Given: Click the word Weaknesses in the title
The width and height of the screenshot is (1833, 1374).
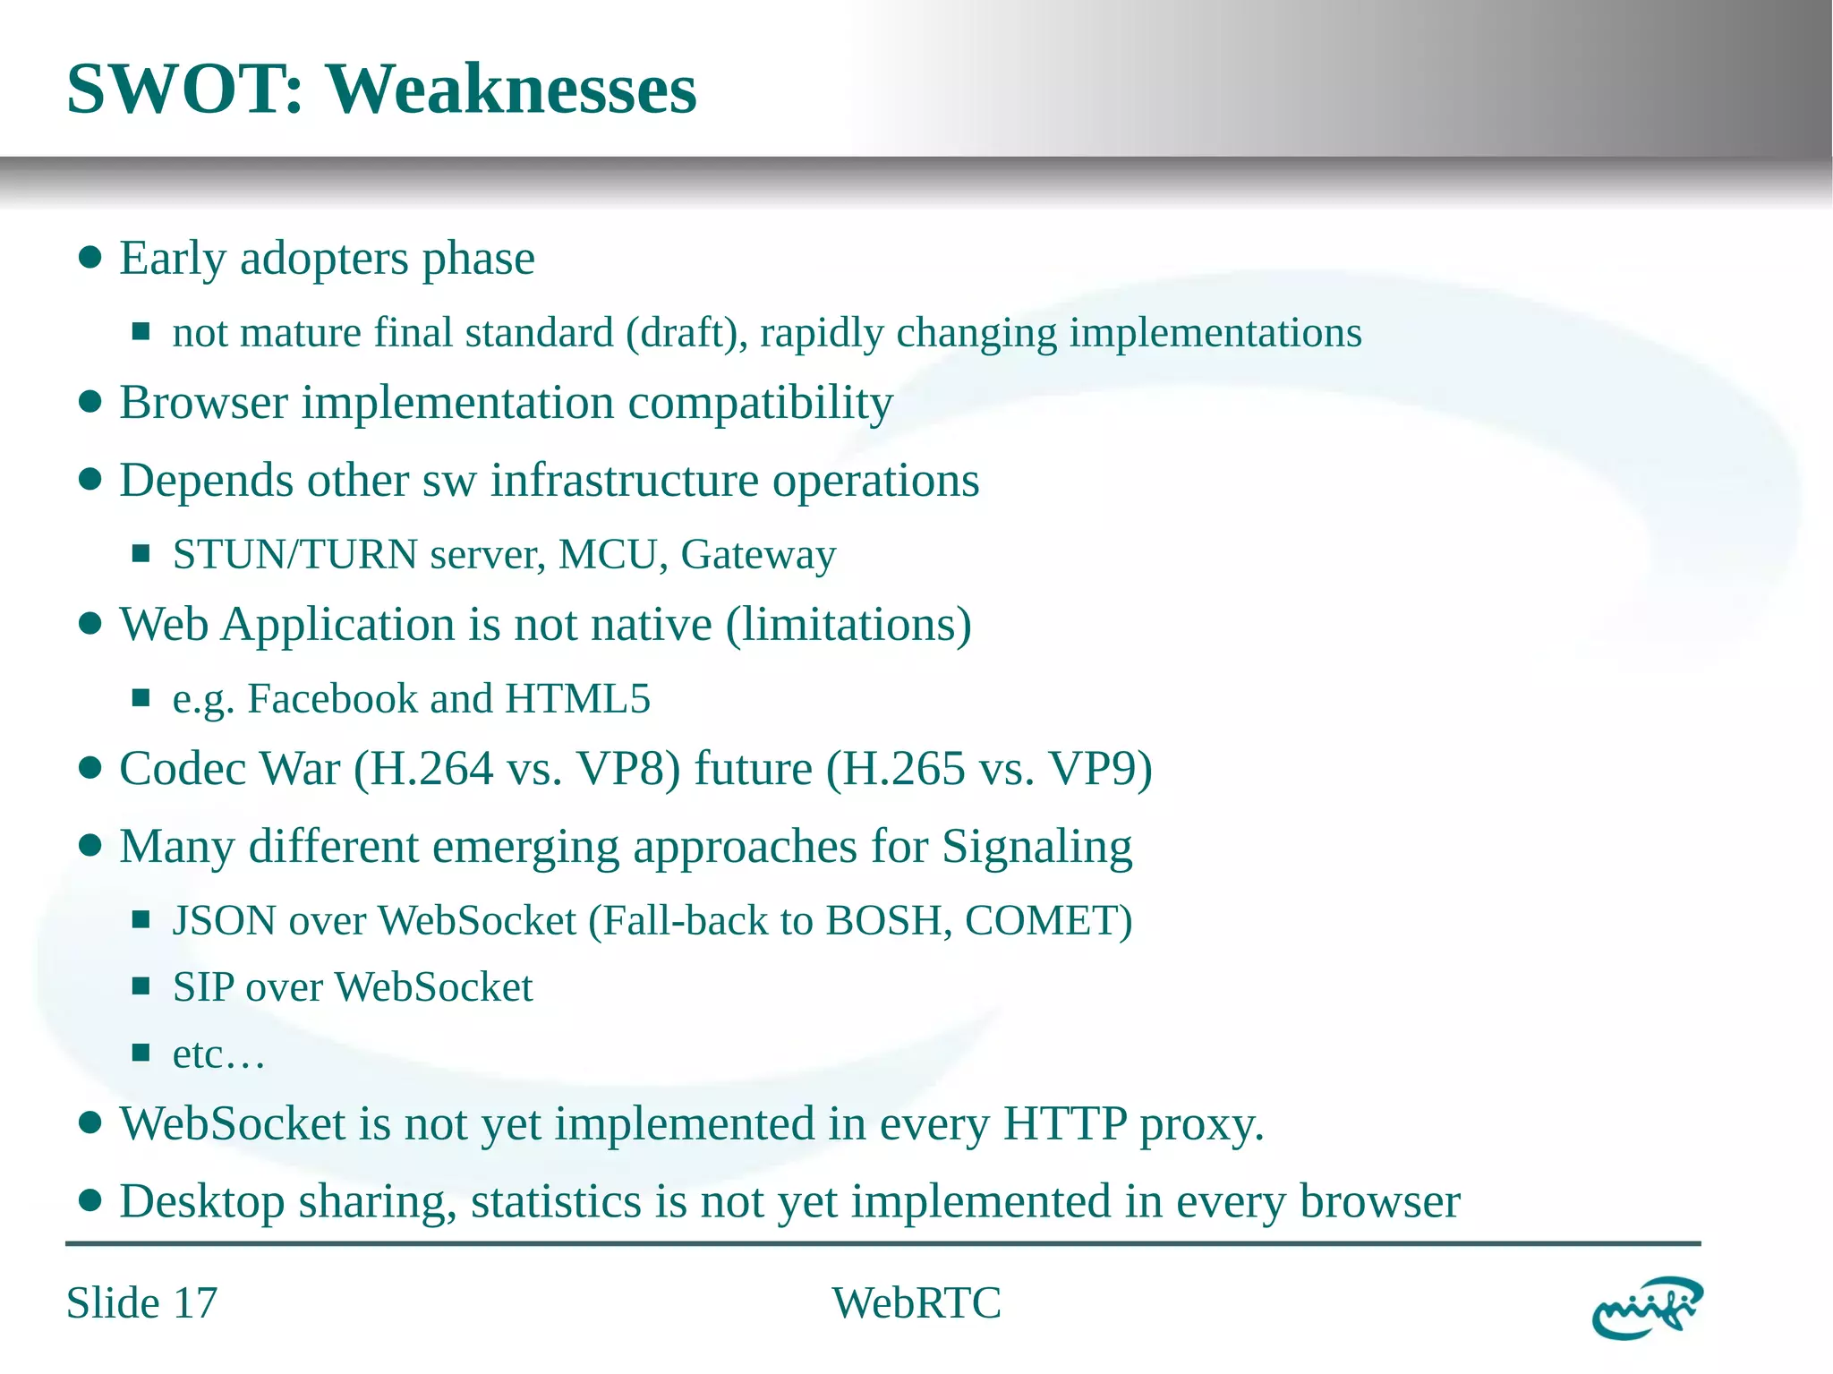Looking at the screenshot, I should point(510,90).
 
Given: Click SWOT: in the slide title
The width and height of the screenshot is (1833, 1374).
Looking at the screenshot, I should point(185,90).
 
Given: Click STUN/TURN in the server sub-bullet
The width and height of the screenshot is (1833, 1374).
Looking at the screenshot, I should point(294,555).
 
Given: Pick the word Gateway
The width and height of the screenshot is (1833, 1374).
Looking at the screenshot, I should point(758,555).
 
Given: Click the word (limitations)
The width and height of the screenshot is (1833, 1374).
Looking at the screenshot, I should point(848,625).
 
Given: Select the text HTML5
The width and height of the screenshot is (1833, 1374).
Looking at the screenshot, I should point(577,699).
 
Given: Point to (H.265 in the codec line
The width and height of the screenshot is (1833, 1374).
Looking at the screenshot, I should point(895,769).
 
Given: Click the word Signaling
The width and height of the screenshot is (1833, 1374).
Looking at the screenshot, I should point(1036,847).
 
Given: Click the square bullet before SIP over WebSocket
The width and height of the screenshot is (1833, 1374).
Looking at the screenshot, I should point(141,986).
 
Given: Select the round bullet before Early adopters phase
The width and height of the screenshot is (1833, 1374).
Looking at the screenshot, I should point(90,259).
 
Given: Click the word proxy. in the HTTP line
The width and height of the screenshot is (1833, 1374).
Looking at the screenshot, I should point(1201,1124).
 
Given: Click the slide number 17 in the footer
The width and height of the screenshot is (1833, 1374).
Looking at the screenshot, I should point(195,1303).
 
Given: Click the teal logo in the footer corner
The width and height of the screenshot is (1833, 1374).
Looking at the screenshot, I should point(1647,1308).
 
